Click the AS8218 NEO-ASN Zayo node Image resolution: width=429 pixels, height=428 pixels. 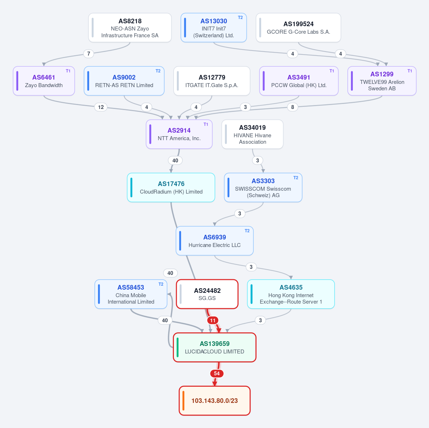[x=130, y=28]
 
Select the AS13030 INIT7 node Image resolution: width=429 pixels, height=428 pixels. [x=214, y=28]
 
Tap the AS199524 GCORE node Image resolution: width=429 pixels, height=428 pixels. [x=298, y=28]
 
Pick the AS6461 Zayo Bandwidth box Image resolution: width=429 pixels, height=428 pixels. [x=44, y=81]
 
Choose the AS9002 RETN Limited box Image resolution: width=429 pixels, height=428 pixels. [x=124, y=81]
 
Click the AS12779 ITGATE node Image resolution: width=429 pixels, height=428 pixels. [x=212, y=81]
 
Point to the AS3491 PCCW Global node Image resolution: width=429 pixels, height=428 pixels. [x=299, y=81]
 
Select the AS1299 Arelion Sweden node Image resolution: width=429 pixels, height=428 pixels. [x=382, y=81]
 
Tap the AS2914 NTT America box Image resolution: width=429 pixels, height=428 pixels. [x=179, y=134]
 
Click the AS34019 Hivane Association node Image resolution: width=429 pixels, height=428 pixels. [x=252, y=134]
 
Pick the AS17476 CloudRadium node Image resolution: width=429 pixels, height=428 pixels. [x=171, y=187]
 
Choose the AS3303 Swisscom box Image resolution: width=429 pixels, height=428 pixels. [x=263, y=187]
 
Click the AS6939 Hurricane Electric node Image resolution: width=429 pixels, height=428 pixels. [x=215, y=241]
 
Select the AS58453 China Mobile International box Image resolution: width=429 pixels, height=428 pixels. [x=131, y=294]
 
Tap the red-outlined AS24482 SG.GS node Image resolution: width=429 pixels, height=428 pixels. [x=208, y=294]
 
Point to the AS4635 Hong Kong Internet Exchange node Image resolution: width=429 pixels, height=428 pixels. [x=291, y=294]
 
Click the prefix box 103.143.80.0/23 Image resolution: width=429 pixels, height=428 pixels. [x=215, y=401]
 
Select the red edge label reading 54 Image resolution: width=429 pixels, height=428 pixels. [x=217, y=374]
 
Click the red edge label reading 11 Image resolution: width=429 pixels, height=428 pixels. [x=213, y=320]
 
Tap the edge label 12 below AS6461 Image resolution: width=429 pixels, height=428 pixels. [x=101, y=107]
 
